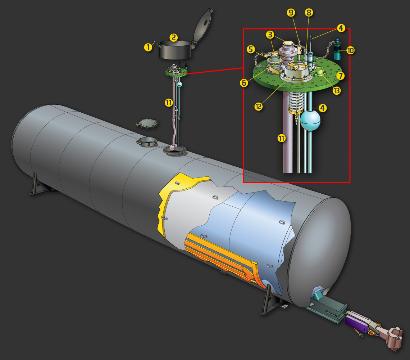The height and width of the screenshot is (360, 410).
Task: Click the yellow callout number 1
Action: tap(148, 48)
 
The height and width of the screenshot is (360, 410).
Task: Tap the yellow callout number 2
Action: tap(174, 37)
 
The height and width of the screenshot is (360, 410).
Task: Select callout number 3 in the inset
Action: tap(270, 34)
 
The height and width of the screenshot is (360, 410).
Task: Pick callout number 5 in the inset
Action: tap(251, 49)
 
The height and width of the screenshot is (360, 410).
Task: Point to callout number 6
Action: tap(244, 83)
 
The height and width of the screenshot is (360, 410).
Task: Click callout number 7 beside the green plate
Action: tap(340, 76)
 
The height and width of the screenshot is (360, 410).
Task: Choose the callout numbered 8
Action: tap(309, 12)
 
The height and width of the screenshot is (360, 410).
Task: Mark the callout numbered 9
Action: tap(291, 12)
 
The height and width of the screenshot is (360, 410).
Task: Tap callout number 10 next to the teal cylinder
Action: tap(350, 50)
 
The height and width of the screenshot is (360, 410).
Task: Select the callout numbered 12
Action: tap(258, 107)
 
